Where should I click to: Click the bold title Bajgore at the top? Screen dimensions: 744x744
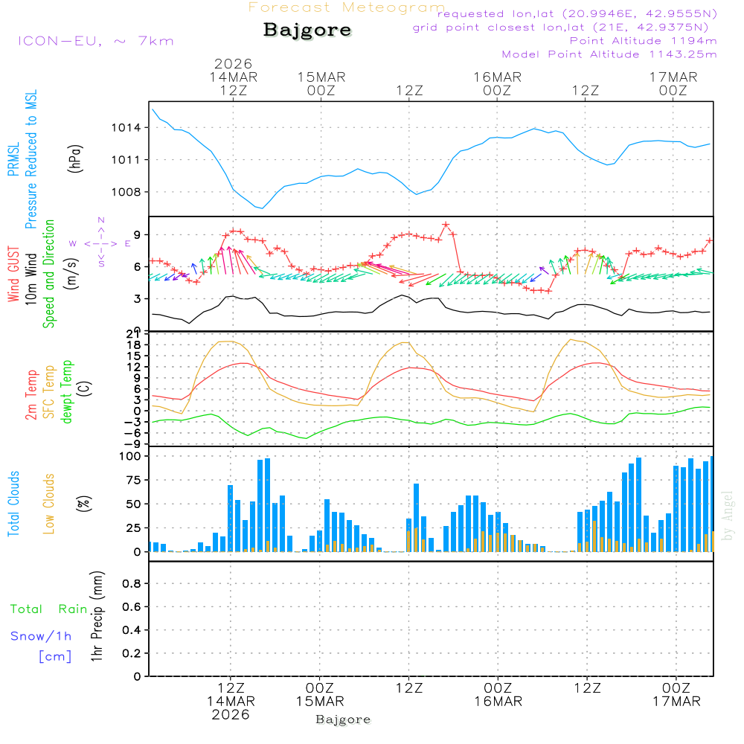[307, 31]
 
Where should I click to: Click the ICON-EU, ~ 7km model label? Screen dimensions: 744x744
[95, 41]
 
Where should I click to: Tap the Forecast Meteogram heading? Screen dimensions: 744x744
[347, 8]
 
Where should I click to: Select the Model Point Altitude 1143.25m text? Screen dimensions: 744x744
[609, 54]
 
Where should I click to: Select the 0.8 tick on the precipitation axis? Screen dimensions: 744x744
[132, 584]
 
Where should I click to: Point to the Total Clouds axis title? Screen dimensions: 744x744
[13, 504]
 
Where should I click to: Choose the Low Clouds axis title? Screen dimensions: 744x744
[49, 504]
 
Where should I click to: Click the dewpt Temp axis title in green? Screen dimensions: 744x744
[67, 392]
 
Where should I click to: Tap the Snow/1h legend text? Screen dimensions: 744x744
[42, 636]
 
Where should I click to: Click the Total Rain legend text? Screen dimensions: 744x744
[49, 609]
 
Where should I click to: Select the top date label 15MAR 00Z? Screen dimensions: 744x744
[321, 84]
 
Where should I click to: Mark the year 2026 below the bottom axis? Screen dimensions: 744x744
[231, 715]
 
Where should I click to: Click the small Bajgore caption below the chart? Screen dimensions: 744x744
[343, 719]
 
